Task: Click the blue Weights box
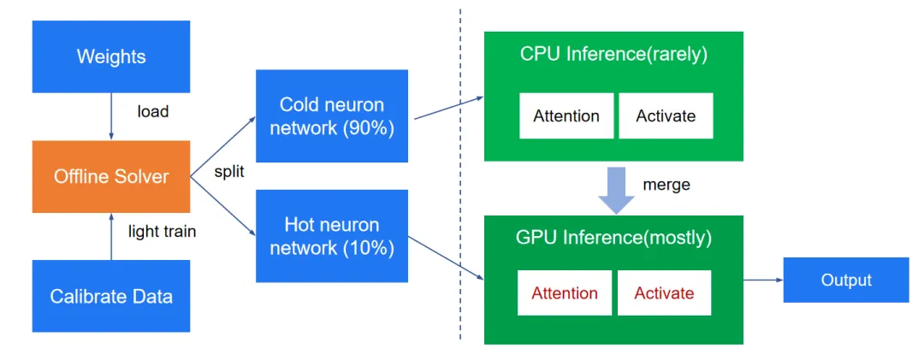(111, 56)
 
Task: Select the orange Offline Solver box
(111, 176)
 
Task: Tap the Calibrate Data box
(111, 296)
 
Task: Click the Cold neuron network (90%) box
(332, 116)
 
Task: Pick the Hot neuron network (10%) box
(332, 236)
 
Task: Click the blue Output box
(846, 280)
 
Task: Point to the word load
(152, 111)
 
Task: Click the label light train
(162, 232)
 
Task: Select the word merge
(666, 185)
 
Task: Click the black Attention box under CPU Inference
(566, 116)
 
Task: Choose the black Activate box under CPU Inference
(666, 116)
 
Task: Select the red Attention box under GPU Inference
(565, 292)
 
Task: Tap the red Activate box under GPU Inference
(664, 292)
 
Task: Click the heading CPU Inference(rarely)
(613, 55)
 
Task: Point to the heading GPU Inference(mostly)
(613, 238)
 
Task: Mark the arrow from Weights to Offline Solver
(111, 116)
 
